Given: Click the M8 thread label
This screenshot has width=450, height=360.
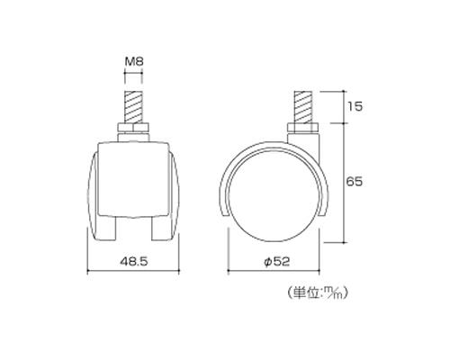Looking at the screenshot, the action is [134, 62].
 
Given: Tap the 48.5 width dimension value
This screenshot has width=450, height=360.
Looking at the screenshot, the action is [134, 262].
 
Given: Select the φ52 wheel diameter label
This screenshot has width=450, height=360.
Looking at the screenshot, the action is [276, 262].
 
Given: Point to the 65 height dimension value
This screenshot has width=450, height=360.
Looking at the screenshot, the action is [355, 182].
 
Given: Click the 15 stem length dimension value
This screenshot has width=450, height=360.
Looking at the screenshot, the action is [355, 106].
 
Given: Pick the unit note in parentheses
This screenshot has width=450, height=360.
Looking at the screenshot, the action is [317, 292].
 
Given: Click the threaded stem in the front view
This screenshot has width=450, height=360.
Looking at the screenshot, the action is [133, 107].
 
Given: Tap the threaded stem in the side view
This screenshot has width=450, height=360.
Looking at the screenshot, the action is [302, 107].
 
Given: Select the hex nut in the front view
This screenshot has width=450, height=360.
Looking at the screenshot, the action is [133, 129].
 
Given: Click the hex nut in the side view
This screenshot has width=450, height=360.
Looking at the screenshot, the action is [302, 128].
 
